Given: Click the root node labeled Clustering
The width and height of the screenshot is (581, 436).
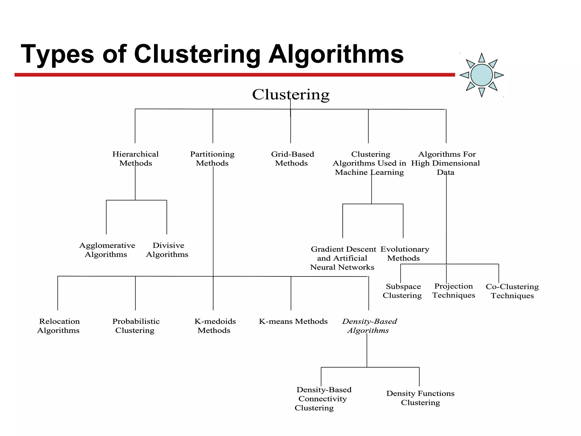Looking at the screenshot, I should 291,95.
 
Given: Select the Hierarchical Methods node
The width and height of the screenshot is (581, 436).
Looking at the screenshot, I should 135,159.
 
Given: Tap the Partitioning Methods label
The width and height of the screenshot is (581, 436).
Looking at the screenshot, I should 212,159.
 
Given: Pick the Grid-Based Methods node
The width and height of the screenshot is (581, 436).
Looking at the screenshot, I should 292,159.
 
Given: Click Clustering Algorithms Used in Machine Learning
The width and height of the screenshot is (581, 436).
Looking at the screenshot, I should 370,163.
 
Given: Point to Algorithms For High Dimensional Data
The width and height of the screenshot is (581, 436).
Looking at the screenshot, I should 446,163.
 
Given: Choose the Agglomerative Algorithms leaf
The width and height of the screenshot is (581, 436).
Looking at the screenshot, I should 107,250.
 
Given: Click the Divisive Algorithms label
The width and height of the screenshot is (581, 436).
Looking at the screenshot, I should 167,250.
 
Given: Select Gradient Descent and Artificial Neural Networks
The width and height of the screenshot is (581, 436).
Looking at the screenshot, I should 343,258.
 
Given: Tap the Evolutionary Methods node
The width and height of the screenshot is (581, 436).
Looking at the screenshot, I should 404,253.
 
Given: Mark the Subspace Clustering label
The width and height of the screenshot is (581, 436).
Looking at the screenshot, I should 403,291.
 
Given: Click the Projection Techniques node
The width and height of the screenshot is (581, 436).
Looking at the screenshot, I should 454,291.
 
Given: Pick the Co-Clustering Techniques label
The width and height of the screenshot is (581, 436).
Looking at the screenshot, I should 512,291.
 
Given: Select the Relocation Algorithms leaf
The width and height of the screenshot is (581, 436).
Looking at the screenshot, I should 59,326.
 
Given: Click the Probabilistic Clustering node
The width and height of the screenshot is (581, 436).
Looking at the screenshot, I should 136,326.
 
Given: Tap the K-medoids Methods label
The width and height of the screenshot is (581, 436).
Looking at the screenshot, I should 215,326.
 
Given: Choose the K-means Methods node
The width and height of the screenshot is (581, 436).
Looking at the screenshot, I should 293,322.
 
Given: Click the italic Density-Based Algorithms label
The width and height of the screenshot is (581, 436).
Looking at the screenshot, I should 369,326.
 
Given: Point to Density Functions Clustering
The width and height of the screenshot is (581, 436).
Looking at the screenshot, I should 420,398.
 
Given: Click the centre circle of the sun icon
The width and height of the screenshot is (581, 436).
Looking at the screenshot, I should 481,75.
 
